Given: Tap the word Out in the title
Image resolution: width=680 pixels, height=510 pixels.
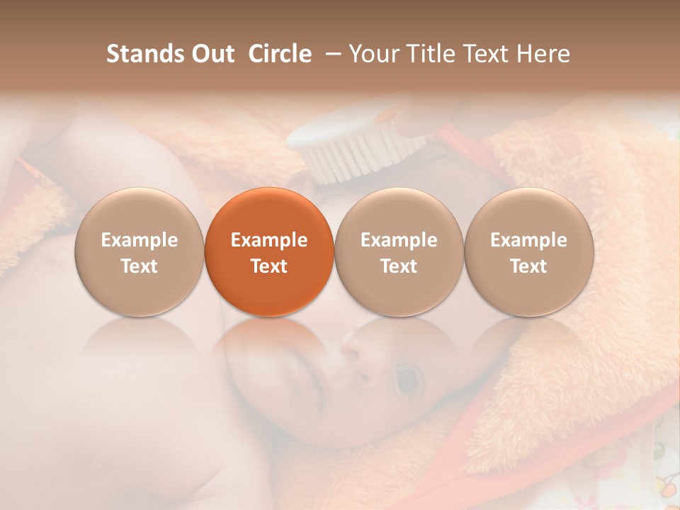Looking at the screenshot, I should pos(210,54).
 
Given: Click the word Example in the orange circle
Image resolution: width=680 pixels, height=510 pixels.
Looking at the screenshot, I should pos(269,240).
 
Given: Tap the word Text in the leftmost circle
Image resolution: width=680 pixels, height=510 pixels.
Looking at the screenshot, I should pos(140,266).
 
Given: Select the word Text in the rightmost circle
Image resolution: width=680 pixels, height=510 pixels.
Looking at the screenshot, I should pos(528,266).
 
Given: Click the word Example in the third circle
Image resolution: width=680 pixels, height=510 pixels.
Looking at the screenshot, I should pos(399,240).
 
